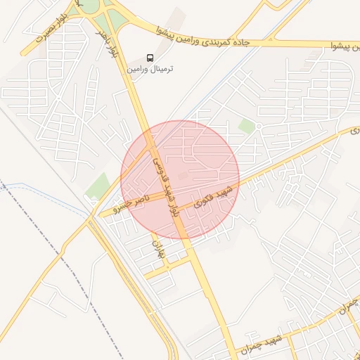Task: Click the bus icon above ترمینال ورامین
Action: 149,58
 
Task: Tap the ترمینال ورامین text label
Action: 150,69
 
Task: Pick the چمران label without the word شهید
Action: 347,304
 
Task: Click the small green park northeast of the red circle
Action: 246,127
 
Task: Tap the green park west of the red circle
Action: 98,186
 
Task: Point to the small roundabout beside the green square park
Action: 258,127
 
